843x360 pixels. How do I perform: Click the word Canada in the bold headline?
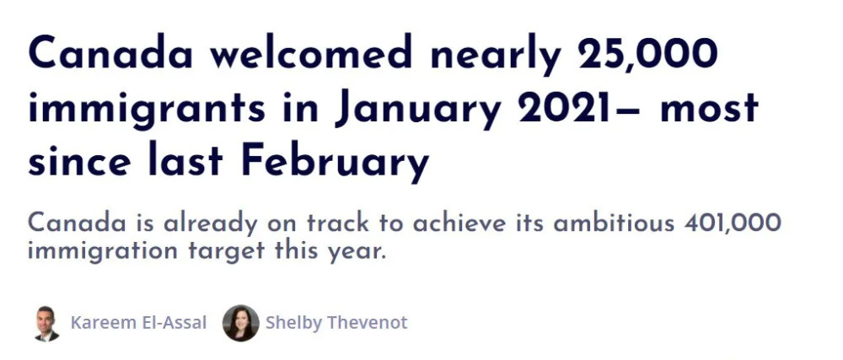click(x=110, y=52)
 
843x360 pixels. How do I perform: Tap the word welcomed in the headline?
click(x=311, y=52)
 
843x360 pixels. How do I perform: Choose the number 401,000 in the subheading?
click(x=733, y=223)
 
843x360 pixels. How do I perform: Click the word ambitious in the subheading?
click(x=614, y=223)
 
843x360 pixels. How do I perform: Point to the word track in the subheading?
click(x=338, y=223)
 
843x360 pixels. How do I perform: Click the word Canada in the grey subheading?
click(x=77, y=223)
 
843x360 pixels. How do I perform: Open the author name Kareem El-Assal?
click(x=139, y=323)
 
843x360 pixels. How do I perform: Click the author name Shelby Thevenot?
click(x=336, y=324)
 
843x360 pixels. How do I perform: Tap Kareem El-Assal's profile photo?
click(x=46, y=324)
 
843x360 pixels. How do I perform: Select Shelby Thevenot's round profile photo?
click(x=241, y=323)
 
